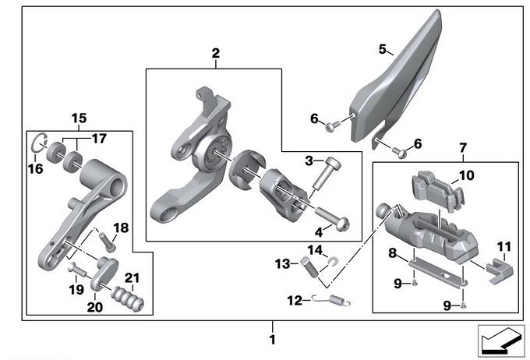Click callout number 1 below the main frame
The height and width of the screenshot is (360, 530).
[x=272, y=340]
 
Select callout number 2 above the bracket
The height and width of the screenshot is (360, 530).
[x=215, y=54]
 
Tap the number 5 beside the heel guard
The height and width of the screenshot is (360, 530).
[x=383, y=49]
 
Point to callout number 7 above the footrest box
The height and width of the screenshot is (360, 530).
[x=462, y=146]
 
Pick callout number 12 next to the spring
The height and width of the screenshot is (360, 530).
[x=292, y=298]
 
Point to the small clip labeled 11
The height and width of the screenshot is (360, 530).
[x=497, y=269]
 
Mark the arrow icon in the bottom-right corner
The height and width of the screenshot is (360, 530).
[x=500, y=341]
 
